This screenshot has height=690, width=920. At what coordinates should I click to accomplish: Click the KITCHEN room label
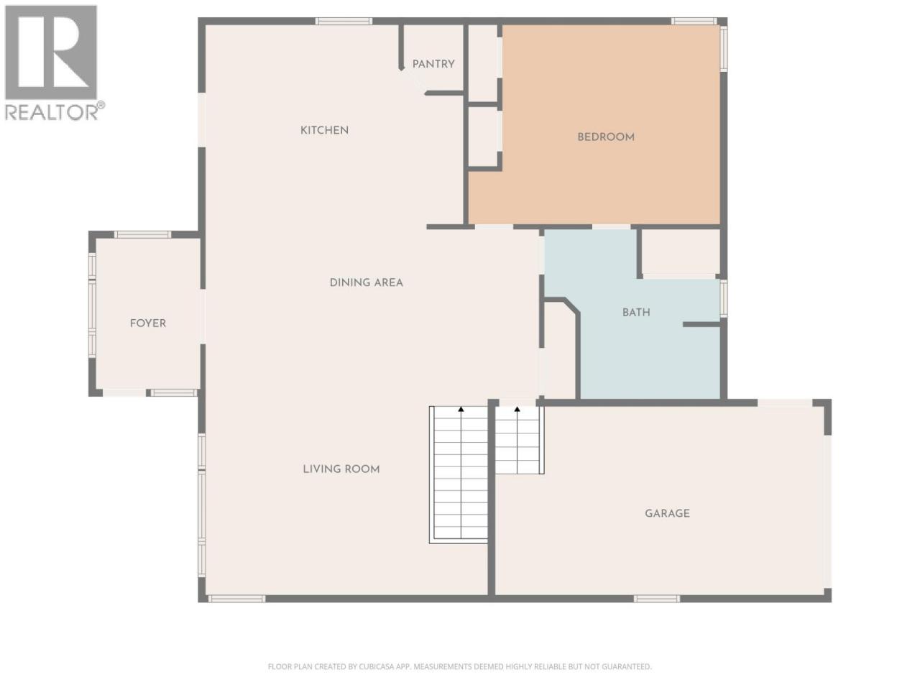[324, 130]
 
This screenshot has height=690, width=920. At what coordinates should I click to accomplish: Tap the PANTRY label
[433, 64]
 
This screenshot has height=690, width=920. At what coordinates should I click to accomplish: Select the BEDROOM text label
[606, 137]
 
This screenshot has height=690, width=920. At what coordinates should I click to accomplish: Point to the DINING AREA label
[366, 282]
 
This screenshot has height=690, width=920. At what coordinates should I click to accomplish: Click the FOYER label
[148, 323]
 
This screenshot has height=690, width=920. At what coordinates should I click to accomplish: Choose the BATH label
[636, 312]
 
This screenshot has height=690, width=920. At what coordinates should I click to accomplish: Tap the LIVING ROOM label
[341, 469]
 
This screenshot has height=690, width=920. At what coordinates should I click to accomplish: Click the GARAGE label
[667, 513]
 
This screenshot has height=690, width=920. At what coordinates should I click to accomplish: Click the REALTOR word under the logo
[51, 112]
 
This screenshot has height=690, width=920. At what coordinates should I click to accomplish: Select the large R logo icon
[51, 52]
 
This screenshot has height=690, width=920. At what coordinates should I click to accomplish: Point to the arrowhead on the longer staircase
[461, 409]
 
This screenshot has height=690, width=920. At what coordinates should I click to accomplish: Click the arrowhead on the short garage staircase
[517, 409]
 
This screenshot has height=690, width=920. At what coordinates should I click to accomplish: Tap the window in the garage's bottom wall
[656, 599]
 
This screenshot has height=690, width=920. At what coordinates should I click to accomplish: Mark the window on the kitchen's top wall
[344, 22]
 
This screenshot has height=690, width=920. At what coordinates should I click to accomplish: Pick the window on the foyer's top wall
[142, 234]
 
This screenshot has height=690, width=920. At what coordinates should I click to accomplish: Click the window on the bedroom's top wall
[694, 22]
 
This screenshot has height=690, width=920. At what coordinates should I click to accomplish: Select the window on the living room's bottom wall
[236, 599]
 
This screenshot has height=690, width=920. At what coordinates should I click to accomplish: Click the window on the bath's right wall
[724, 298]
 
